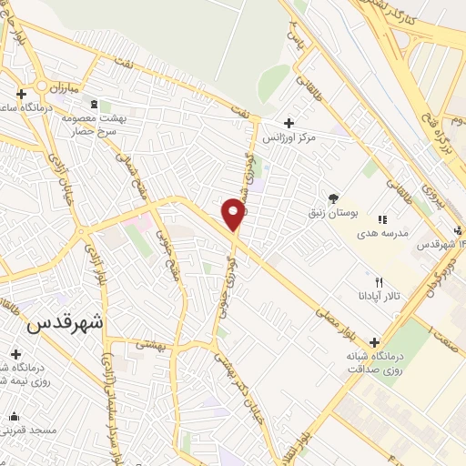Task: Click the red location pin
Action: tap(234, 214)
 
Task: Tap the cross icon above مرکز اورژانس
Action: tap(289, 123)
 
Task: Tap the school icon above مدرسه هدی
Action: tap(382, 219)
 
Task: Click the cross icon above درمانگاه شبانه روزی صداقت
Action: tap(374, 342)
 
